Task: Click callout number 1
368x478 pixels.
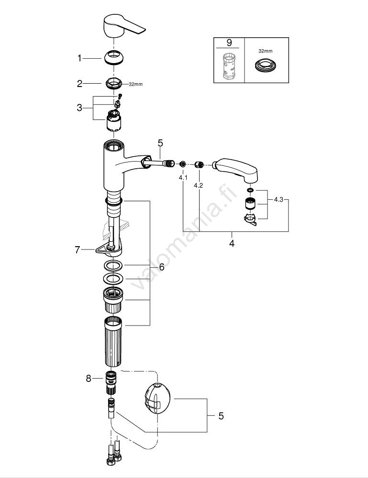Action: [x=80, y=58]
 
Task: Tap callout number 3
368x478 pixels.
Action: [x=80, y=108]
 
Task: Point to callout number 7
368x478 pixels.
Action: [x=77, y=249]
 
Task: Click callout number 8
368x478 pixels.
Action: [x=88, y=379]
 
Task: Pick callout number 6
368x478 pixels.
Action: [x=161, y=267]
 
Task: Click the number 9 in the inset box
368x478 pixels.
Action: [x=229, y=43]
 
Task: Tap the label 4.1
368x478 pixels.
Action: [x=183, y=177]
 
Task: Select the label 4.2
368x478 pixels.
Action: [x=199, y=185]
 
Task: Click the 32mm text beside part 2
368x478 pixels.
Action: [x=135, y=85]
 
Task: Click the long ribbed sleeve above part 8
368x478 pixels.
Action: [x=114, y=341]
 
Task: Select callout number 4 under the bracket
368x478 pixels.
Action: [x=232, y=243]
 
